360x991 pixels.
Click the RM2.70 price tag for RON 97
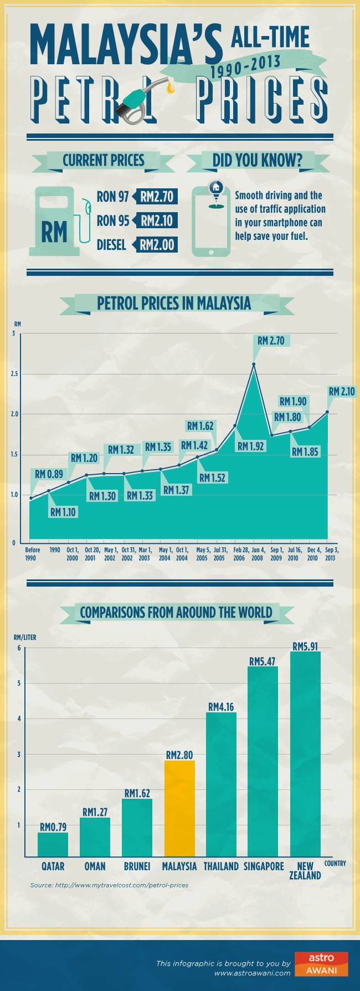(x=157, y=197)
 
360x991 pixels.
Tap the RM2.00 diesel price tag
(x=157, y=245)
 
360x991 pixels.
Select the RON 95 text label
(x=112, y=221)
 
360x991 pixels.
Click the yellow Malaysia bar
(x=179, y=808)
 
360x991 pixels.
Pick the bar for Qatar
(x=53, y=845)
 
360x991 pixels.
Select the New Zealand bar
(x=305, y=754)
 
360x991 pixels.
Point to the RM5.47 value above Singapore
(x=263, y=661)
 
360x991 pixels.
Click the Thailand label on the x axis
(x=221, y=866)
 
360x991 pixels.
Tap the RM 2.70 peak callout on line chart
(x=271, y=341)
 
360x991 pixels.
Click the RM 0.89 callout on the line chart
(x=49, y=474)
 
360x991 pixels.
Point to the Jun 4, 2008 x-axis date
(x=257, y=554)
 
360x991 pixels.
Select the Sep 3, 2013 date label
(x=331, y=554)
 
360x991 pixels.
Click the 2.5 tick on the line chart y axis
(x=14, y=374)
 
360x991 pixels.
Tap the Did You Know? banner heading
(x=258, y=161)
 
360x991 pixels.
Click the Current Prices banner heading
(x=104, y=161)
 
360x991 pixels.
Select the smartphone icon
(x=210, y=222)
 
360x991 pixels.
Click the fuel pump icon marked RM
(x=55, y=221)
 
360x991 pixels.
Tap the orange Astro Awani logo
(x=321, y=964)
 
